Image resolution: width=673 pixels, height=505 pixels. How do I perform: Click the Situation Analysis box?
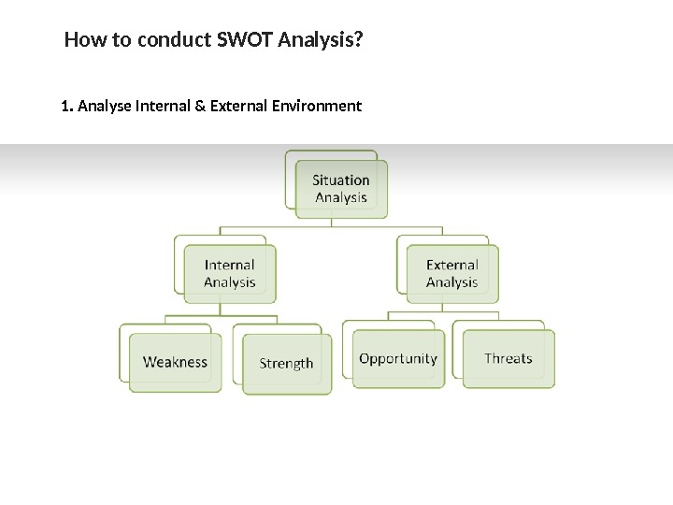[341, 189]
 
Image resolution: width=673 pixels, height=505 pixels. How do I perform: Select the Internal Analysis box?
[230, 274]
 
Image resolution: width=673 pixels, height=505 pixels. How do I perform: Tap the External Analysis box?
[452, 274]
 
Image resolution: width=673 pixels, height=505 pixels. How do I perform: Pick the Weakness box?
[175, 362]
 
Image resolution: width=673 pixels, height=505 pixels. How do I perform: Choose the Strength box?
[286, 364]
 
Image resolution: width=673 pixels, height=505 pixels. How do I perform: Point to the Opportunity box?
[398, 358]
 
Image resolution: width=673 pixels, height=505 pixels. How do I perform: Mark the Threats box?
[508, 358]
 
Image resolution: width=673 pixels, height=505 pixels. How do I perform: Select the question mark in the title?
[360, 41]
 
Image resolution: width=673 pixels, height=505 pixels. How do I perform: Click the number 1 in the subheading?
[64, 106]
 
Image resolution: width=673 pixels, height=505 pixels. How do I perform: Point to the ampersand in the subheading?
[200, 106]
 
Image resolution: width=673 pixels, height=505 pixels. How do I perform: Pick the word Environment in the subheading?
[315, 106]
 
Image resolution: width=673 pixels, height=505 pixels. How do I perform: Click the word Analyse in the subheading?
[105, 106]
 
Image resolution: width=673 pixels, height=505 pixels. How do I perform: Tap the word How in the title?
[81, 41]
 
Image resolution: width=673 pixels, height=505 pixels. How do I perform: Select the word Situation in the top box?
[341, 180]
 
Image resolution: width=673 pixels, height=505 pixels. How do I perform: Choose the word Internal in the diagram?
[230, 266]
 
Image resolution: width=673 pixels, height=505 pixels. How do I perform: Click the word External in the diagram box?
[452, 266]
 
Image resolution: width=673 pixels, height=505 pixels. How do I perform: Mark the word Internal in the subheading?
[163, 106]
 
